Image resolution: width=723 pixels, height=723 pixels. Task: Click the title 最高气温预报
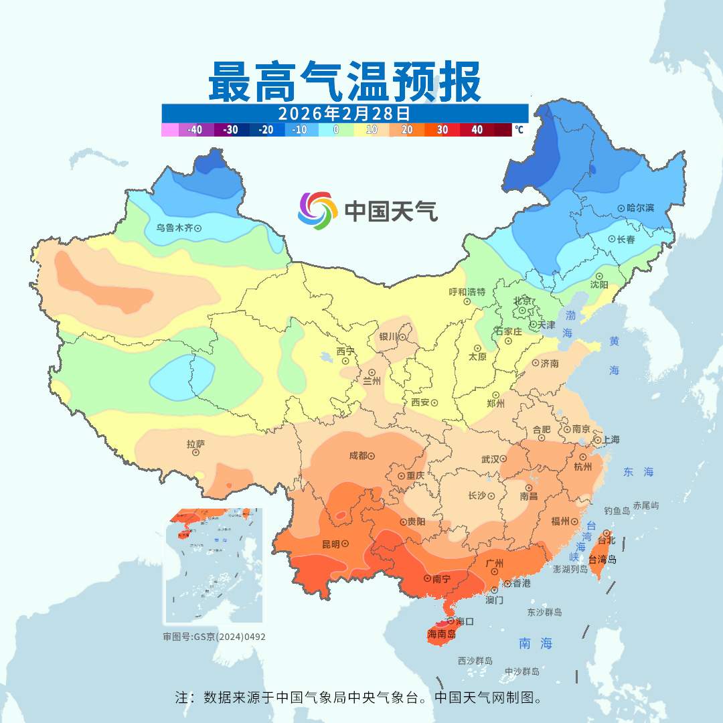point(344,82)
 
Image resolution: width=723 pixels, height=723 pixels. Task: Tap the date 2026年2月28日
point(344,112)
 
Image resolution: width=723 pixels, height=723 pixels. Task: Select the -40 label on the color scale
point(195,130)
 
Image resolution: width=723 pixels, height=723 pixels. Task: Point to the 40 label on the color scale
point(477,130)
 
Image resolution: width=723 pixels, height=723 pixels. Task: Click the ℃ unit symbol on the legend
point(519,130)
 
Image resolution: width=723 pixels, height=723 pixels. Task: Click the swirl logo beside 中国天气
point(317,211)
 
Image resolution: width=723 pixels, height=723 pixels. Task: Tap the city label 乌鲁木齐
point(174,228)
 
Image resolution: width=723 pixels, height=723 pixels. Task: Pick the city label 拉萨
point(195,444)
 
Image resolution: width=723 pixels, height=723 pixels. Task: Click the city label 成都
point(358,456)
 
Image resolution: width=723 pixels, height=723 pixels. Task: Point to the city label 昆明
point(331,543)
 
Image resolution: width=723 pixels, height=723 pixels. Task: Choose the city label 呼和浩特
point(467,292)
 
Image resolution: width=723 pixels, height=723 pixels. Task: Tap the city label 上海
point(611,440)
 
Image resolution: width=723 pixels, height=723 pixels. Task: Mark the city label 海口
point(465,621)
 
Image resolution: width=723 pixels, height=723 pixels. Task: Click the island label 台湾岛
point(602,560)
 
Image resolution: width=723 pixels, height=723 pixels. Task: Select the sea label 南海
point(536,644)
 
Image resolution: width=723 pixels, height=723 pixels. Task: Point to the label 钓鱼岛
point(617,511)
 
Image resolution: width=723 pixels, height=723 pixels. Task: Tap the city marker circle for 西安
point(434,403)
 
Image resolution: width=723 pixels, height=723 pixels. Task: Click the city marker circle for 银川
point(402,337)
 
